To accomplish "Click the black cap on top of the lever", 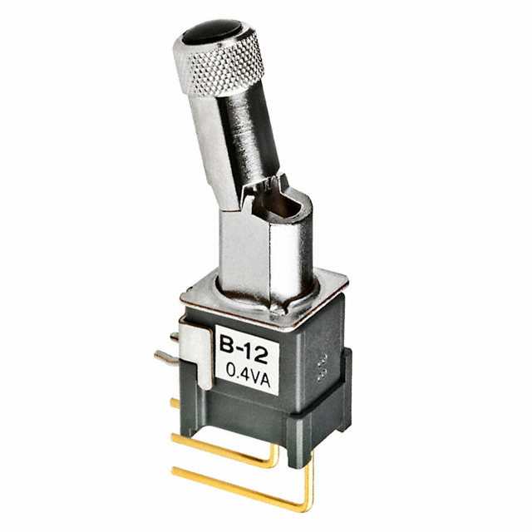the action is pyautogui.click(x=212, y=32).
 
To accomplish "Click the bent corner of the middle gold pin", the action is pyautogui.click(x=275, y=463).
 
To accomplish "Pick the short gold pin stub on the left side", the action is pyautogui.click(x=175, y=403).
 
